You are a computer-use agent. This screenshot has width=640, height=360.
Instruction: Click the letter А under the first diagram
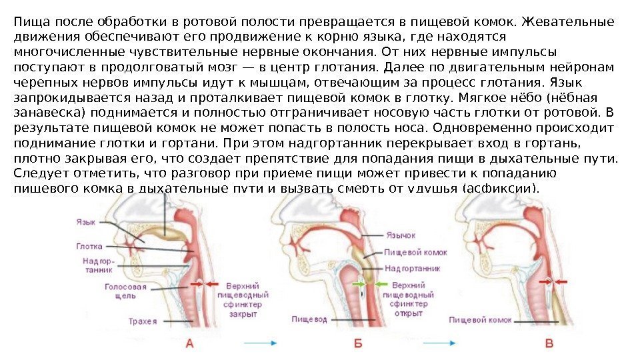pyautogui.click(x=189, y=344)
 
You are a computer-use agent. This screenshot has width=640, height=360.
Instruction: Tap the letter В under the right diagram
pyautogui.click(x=550, y=344)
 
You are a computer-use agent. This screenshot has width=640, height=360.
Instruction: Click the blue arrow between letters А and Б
pyautogui.click(x=260, y=344)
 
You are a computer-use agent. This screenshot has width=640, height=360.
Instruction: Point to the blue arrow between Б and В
pyautogui.click(x=445, y=344)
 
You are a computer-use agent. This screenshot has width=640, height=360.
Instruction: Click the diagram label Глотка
pyautogui.click(x=89, y=246)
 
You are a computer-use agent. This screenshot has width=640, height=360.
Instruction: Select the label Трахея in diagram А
pyautogui.click(x=143, y=321)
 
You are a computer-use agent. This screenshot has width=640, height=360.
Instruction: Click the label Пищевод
pyautogui.click(x=309, y=319)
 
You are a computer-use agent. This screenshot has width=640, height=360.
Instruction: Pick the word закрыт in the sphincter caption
pyautogui.click(x=243, y=313)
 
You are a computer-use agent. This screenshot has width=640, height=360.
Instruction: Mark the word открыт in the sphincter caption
pyautogui.click(x=408, y=313)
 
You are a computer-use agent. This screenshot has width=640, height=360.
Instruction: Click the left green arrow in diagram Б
pyautogui.click(x=359, y=284)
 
